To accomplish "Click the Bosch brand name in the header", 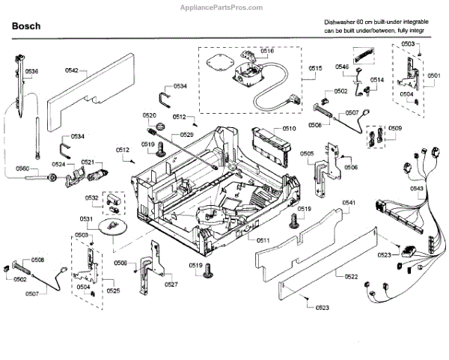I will (26, 26).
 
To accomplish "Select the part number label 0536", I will (31, 71).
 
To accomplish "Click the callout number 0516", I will (267, 50).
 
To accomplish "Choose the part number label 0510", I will (290, 129).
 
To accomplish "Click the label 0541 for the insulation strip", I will (349, 204).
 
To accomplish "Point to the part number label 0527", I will (171, 284).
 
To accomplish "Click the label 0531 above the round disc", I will (87, 219).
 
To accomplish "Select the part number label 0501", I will (435, 76).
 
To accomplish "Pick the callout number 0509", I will (394, 128).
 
